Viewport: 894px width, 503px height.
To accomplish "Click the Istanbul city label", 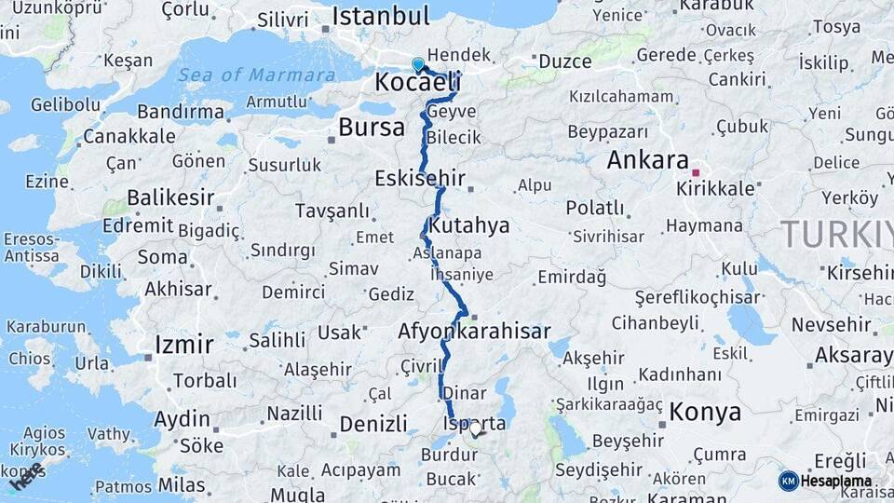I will pyautogui.click(x=380, y=16).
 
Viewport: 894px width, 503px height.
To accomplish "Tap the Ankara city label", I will pyautogui.click(x=647, y=159).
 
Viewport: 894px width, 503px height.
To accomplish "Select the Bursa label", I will pyautogui.click(x=371, y=127).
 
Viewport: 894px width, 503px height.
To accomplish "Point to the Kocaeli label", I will pyautogui.click(x=417, y=82).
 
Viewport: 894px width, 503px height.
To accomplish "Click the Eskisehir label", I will pyautogui.click(x=419, y=177).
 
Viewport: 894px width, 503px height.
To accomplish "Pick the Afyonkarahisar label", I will pyautogui.click(x=474, y=331).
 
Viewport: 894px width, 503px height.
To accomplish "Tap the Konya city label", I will pyautogui.click(x=706, y=412).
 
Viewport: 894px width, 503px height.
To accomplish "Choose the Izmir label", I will pyautogui.click(x=184, y=344).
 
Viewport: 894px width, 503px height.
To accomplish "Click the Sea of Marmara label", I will pyautogui.click(x=257, y=75).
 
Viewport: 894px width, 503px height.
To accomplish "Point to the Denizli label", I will pyautogui.click(x=373, y=424).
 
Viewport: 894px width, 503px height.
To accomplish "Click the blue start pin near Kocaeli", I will pyautogui.click(x=418, y=64).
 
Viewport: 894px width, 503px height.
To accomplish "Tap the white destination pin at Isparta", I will pyautogui.click(x=476, y=429).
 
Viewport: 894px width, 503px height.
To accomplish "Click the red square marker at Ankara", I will pyautogui.click(x=695, y=172).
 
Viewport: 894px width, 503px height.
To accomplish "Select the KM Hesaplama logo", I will pyautogui.click(x=826, y=481).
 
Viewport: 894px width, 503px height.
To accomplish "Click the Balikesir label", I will pyautogui.click(x=170, y=197).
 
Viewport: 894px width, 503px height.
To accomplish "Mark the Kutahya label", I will pyautogui.click(x=470, y=225).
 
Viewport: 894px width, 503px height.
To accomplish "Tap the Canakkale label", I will pyautogui.click(x=129, y=136).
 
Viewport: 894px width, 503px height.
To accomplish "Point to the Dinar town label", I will pyautogui.click(x=464, y=392).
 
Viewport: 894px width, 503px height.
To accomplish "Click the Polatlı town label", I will pyautogui.click(x=595, y=207).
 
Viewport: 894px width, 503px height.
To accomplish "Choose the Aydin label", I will pyautogui.click(x=182, y=419).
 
